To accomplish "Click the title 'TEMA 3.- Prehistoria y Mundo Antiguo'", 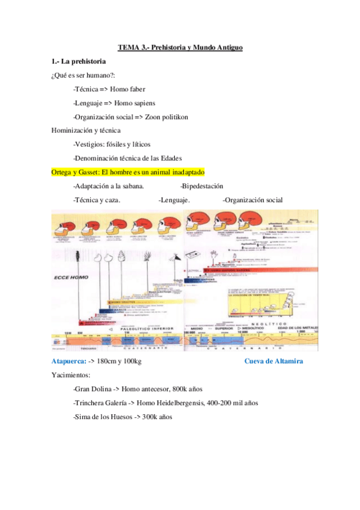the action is coord(180,48).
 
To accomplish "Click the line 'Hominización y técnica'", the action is coord(86,131).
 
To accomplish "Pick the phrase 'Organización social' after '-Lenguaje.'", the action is coord(253,200).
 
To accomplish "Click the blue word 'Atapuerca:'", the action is coord(69,361).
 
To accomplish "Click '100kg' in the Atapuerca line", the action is coord(130,361).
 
